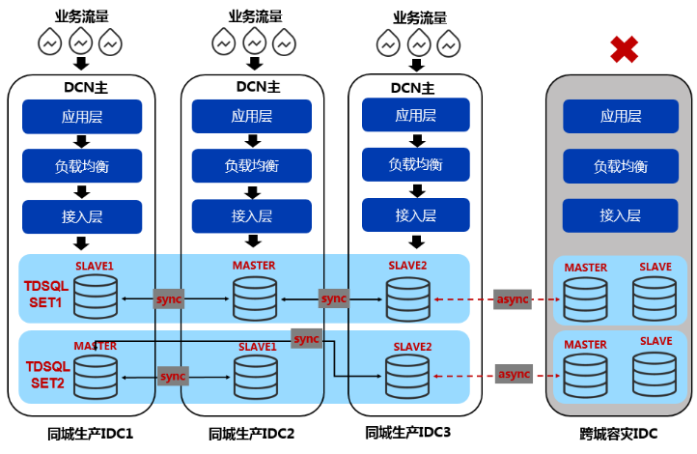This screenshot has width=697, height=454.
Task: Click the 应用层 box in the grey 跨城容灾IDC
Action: click(621, 116)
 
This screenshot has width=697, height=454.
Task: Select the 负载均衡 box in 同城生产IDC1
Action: click(82, 166)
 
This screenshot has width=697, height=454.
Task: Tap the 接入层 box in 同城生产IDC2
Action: click(252, 215)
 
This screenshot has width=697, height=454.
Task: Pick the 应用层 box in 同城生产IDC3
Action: click(416, 115)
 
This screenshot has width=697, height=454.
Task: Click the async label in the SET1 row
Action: click(514, 298)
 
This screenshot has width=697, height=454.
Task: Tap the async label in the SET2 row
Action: click(514, 373)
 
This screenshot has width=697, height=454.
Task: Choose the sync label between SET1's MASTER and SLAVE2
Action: click(334, 298)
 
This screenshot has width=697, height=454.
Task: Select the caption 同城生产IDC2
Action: click(251, 435)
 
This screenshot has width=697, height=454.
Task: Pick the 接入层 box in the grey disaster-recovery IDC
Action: click(621, 215)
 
